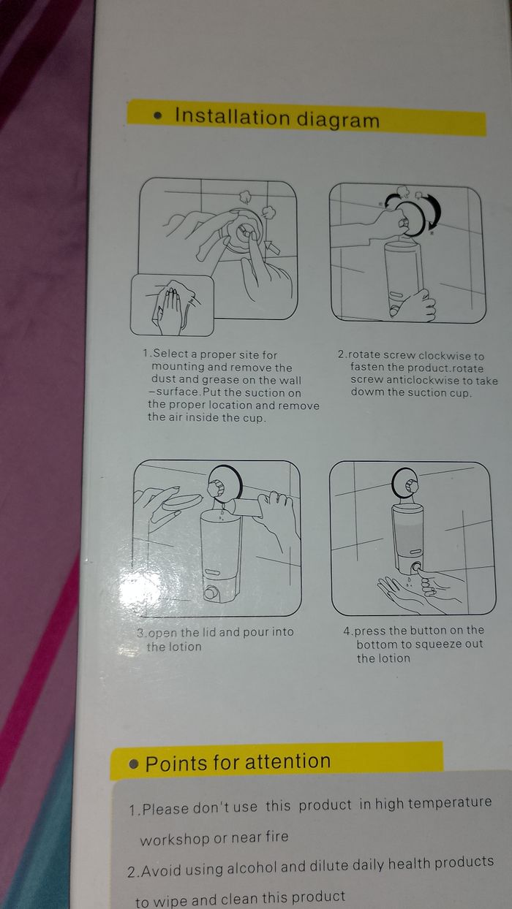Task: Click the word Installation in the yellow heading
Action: [233, 116]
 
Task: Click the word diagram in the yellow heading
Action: [338, 121]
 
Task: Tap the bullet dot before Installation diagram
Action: [159, 116]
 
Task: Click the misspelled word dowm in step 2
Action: [364, 392]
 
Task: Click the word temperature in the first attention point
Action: [450, 802]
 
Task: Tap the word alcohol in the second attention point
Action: [252, 867]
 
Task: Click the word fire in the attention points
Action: [277, 837]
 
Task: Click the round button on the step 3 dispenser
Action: [211, 593]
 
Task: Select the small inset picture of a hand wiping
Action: [172, 305]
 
